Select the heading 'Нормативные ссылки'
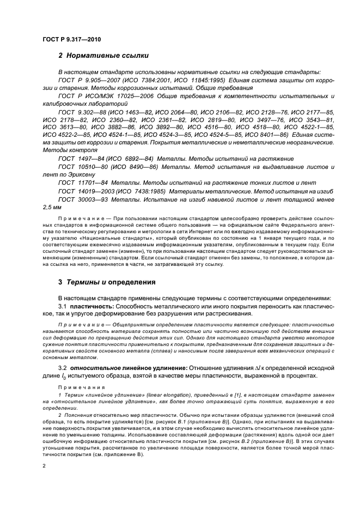(103, 56)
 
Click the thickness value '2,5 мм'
(52, 208)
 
